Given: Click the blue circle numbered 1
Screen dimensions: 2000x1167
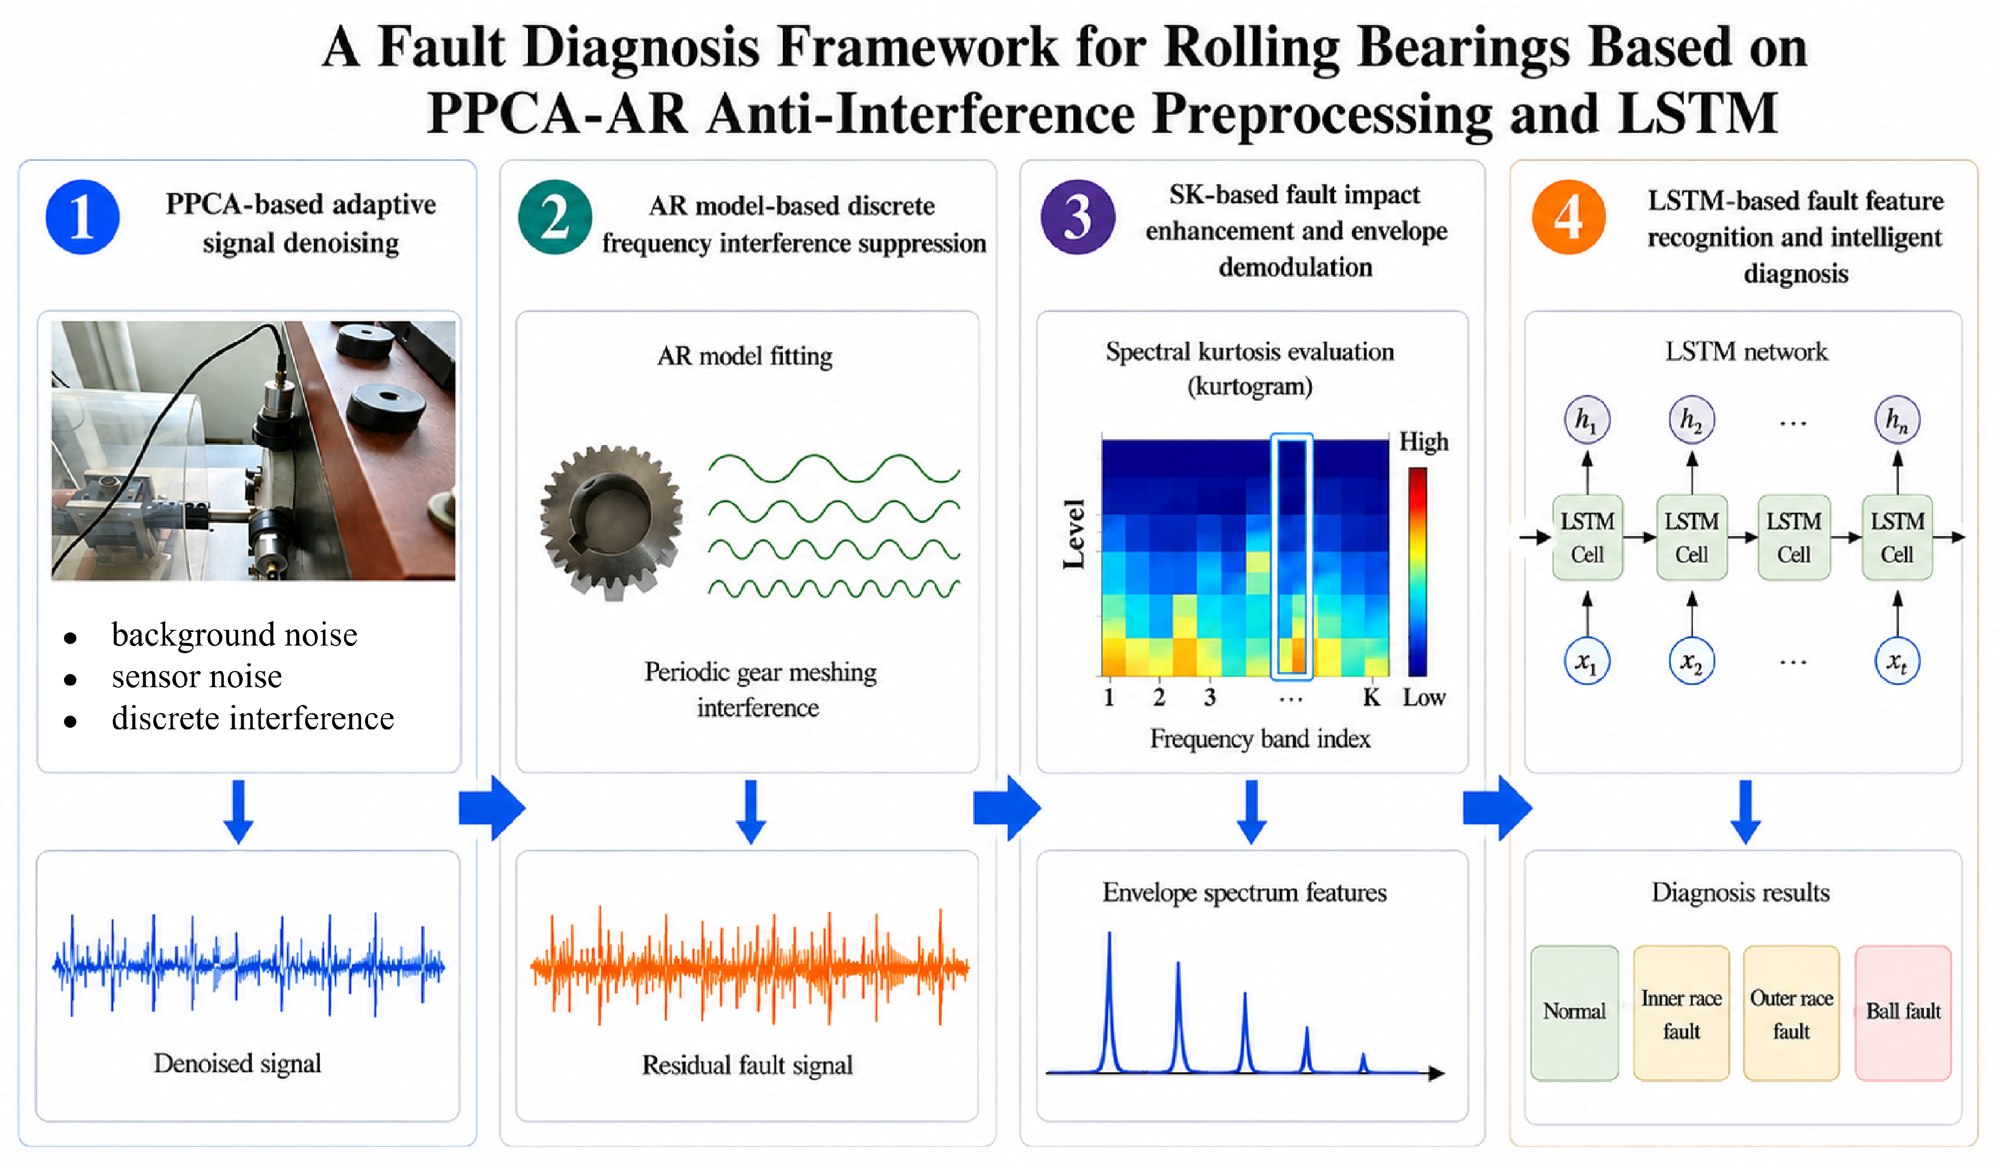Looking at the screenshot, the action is click(x=83, y=217).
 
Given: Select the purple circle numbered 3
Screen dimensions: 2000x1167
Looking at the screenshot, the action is click(x=1077, y=217).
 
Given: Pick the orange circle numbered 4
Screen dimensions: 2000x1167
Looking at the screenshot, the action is click(x=1568, y=217).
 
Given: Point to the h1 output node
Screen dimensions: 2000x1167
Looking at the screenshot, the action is click(x=1587, y=420).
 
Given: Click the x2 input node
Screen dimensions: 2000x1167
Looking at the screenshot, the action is click(x=1691, y=661).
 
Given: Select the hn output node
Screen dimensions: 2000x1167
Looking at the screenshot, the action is click(x=1897, y=420).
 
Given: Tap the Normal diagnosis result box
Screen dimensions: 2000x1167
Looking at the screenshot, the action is click(x=1574, y=1012).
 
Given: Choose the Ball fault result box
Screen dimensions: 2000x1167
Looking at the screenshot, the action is click(x=1902, y=1012).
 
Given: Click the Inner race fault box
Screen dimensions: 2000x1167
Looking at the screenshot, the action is click(x=1681, y=1012).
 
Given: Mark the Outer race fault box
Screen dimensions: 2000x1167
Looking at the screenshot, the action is click(x=1791, y=1012).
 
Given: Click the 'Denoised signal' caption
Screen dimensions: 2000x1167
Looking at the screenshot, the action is click(x=237, y=1063).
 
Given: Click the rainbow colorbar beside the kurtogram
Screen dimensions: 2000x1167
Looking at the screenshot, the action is click(x=1417, y=571).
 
